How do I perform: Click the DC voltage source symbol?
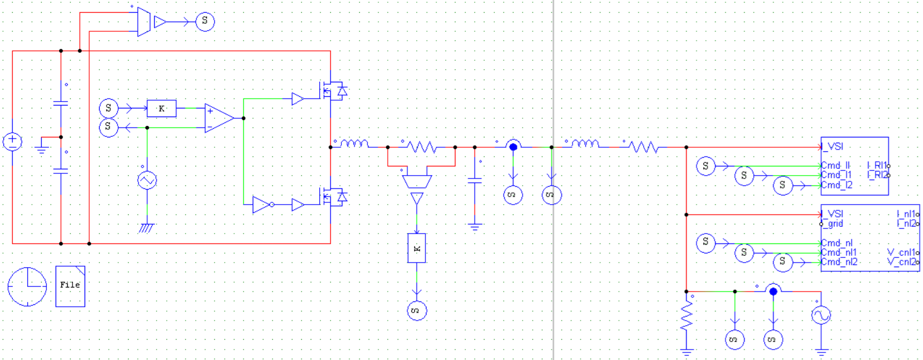(12, 141)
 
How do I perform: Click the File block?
(70, 286)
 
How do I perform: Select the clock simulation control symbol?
(27, 286)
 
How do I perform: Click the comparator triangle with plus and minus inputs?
(218, 118)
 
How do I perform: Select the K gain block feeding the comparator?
(162, 108)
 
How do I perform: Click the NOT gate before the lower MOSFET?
(262, 205)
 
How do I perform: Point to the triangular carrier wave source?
(147, 180)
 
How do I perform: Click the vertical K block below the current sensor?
(417, 248)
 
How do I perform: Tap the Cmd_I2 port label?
(836, 185)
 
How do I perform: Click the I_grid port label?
(832, 224)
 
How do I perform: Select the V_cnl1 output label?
(902, 252)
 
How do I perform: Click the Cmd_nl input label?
(836, 243)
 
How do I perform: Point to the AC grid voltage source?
(821, 315)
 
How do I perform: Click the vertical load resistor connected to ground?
(687, 317)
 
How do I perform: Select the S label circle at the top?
(205, 21)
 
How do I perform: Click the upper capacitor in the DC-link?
(61, 103)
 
